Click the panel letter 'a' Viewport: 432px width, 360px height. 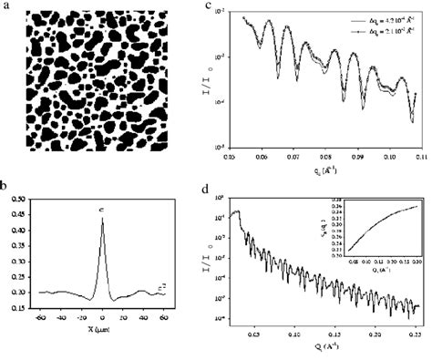pyautogui.click(x=6, y=6)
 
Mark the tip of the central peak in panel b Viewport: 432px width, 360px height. pyautogui.click(x=102, y=218)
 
